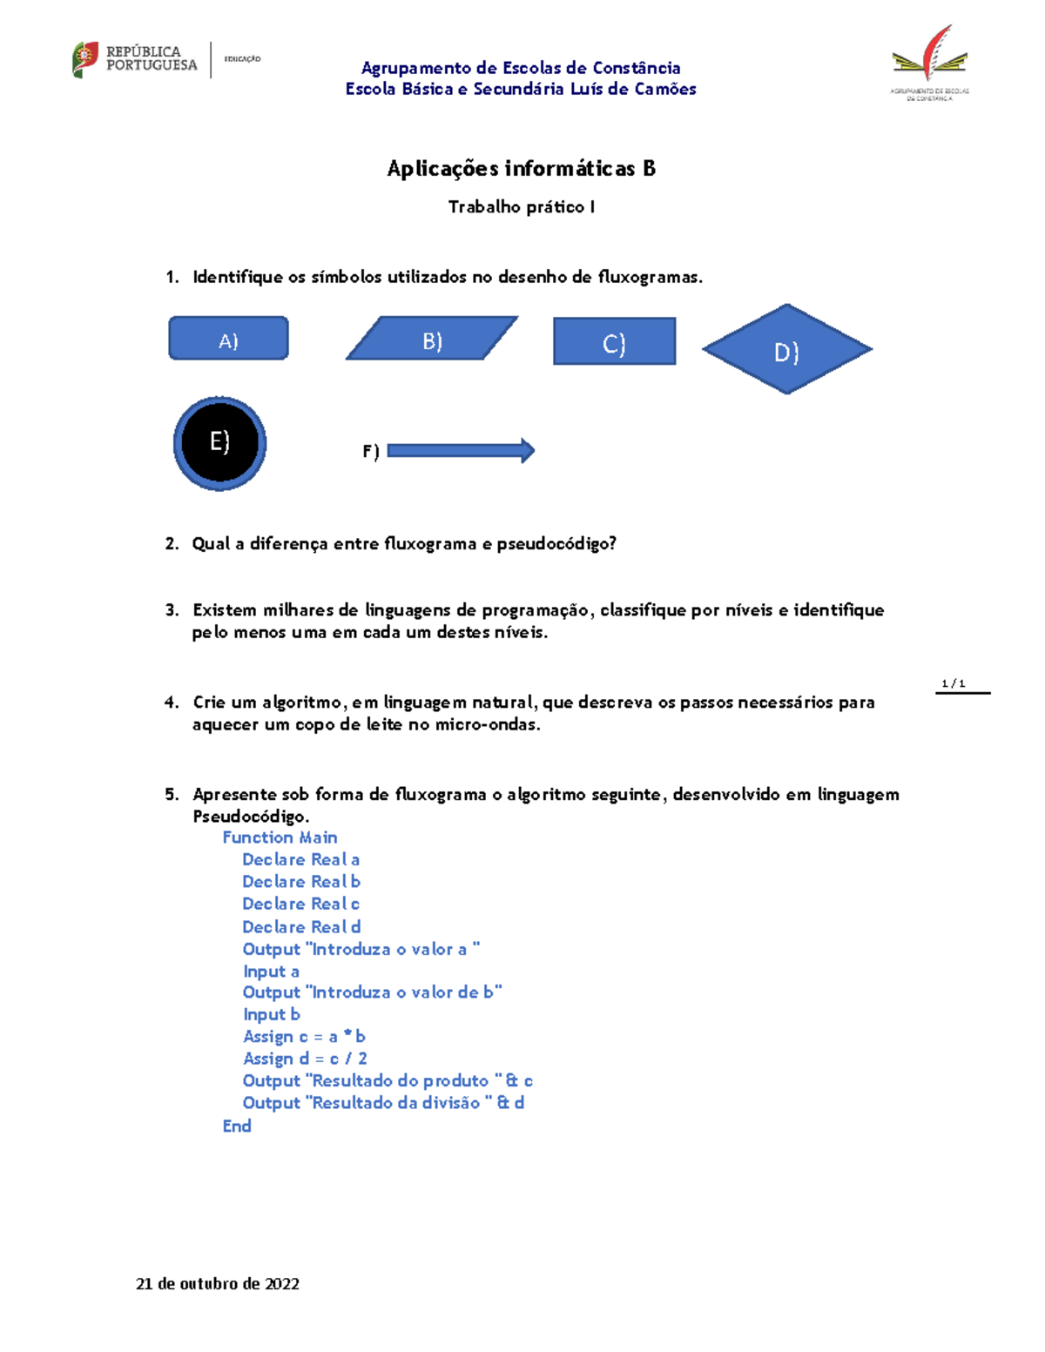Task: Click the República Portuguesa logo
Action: pyautogui.click(x=135, y=59)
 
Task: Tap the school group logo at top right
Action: pyautogui.click(x=929, y=63)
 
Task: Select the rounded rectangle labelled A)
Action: pyautogui.click(x=228, y=339)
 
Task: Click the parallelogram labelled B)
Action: pyautogui.click(x=432, y=339)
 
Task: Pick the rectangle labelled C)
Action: pyautogui.click(x=614, y=341)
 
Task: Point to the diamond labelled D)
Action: pyautogui.click(x=786, y=349)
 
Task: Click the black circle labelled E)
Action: pyautogui.click(x=219, y=443)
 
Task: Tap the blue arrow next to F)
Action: pyautogui.click(x=460, y=450)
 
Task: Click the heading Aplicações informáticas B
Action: pyautogui.click(x=521, y=169)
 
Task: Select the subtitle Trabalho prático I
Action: pyautogui.click(x=521, y=207)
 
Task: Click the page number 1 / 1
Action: pyautogui.click(x=954, y=684)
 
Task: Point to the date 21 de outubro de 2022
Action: pyautogui.click(x=218, y=1284)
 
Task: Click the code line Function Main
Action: pyautogui.click(x=280, y=837)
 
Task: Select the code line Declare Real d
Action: pyautogui.click(x=301, y=927)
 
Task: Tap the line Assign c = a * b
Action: pyautogui.click(x=304, y=1037)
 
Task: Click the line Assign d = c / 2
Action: pyautogui.click(x=305, y=1059)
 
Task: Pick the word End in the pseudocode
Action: pyautogui.click(x=237, y=1126)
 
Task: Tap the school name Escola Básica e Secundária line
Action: pyautogui.click(x=521, y=89)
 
